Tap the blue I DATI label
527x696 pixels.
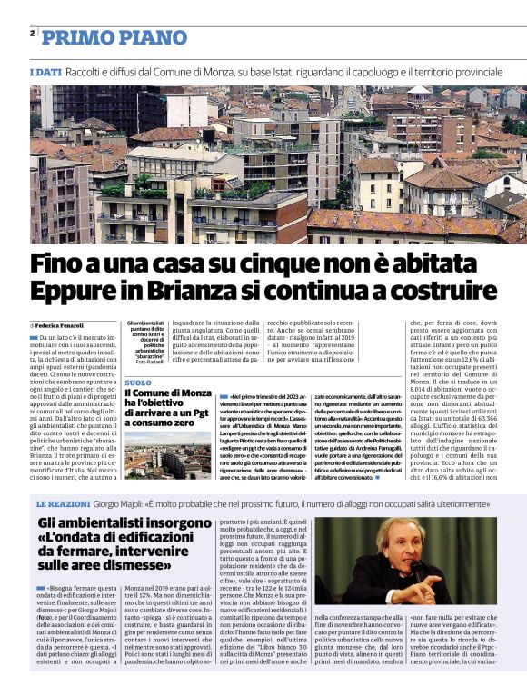[x=45, y=71]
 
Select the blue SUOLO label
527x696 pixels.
[x=138, y=383]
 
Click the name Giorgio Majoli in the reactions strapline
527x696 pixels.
[x=144, y=503]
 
